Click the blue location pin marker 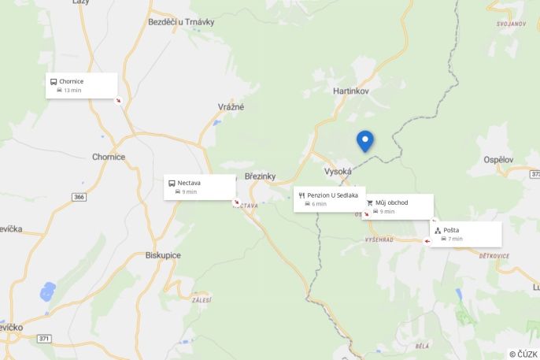click(x=364, y=140)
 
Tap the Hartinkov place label click(x=350, y=91)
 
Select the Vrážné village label click(x=231, y=106)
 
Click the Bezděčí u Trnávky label click(x=181, y=22)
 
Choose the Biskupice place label click(x=163, y=255)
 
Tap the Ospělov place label click(x=498, y=160)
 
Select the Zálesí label click(x=202, y=300)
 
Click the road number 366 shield click(x=79, y=196)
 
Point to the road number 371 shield click(x=44, y=338)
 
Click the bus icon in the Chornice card click(x=54, y=81)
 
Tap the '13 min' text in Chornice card click(x=72, y=91)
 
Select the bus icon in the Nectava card click(x=172, y=183)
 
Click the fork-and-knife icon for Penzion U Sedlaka click(x=301, y=195)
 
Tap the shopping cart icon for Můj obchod click(x=369, y=202)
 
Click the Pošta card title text click(x=451, y=230)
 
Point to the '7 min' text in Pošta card click(x=455, y=239)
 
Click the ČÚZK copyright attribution click(x=523, y=354)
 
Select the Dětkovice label click(x=494, y=256)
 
